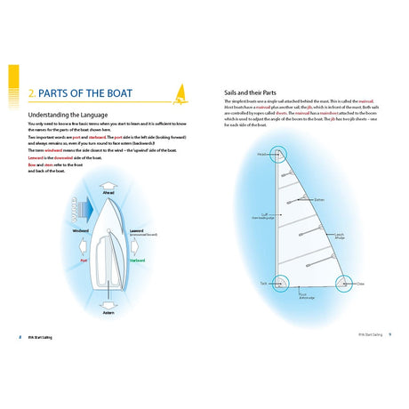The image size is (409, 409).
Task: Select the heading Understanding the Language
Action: click(x=70, y=116)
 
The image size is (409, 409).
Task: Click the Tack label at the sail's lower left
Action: click(x=265, y=285)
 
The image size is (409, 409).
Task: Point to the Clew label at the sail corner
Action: click(x=362, y=285)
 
